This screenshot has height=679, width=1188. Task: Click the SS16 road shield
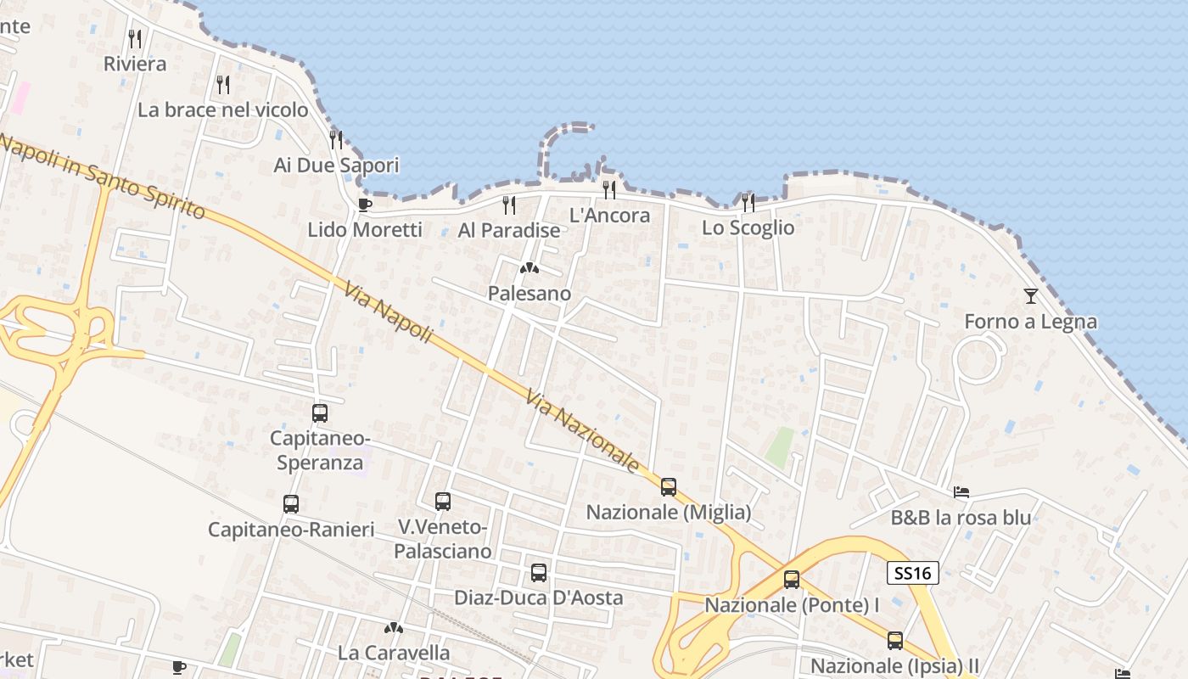(913, 573)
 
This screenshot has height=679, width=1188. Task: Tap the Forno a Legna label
(1030, 322)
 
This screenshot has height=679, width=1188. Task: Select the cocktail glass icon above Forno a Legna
(1031, 296)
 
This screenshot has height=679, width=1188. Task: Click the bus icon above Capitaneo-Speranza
(320, 413)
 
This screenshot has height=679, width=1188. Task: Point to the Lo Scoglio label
(748, 227)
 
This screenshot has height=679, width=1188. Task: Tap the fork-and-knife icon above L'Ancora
(608, 188)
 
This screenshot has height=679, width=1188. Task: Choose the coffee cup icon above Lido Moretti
(365, 205)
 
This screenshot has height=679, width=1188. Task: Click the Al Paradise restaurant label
(509, 230)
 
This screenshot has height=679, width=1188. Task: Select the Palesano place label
(530, 294)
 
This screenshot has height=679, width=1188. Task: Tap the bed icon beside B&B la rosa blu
(961, 492)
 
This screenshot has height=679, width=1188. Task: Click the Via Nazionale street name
(582, 430)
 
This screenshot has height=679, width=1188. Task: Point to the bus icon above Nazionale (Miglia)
(669, 487)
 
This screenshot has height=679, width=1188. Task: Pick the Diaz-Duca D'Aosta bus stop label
(539, 598)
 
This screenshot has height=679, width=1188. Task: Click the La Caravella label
(394, 653)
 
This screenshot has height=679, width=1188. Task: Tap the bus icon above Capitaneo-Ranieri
(291, 504)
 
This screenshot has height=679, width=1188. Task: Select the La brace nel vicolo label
(223, 109)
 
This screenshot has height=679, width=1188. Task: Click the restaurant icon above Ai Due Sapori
(336, 139)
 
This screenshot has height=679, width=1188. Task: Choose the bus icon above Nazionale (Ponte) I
(792, 580)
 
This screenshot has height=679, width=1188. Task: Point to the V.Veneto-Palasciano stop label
(443, 539)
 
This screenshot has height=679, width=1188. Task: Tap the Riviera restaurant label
(135, 64)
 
